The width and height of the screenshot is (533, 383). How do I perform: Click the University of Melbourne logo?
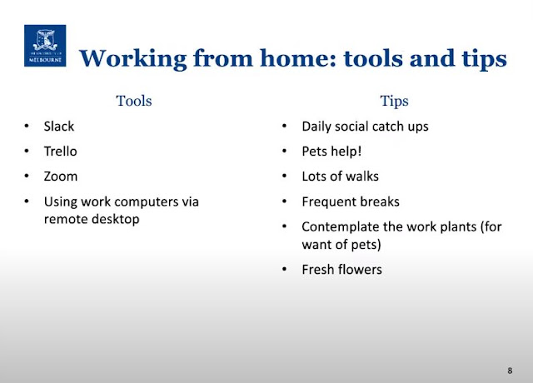coord(45,46)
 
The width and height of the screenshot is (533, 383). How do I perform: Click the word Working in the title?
coord(133,59)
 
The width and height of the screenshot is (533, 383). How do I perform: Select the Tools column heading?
coord(134,101)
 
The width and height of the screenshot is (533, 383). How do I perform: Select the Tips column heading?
coord(394,101)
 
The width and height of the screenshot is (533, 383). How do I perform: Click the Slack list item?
coord(59,126)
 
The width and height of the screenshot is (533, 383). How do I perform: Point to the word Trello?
coord(61,152)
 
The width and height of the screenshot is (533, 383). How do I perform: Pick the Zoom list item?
coord(61,177)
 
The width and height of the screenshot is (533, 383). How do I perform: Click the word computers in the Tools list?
coord(146,202)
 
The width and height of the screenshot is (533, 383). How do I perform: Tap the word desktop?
coord(116,219)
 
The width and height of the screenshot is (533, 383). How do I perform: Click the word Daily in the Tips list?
coord(316,127)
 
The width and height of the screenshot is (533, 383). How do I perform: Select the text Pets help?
coord(331,152)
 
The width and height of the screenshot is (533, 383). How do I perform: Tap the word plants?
coord(458,227)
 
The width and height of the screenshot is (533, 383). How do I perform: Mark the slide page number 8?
coord(510,371)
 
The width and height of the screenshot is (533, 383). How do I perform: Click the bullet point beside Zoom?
coord(27,176)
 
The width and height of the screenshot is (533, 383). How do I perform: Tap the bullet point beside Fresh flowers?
coord(285,269)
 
